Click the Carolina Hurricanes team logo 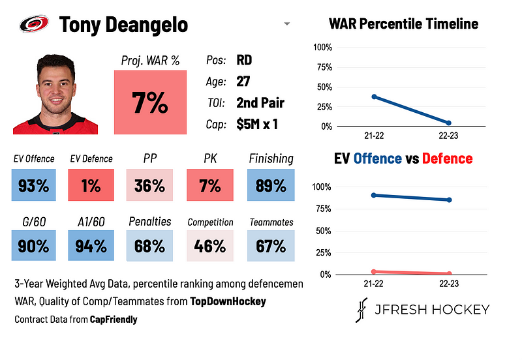(x=34, y=24)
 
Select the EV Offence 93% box (x=34, y=185)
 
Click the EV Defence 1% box (x=91, y=185)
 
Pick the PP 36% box (x=149, y=185)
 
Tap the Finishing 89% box (x=271, y=185)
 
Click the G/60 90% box (x=34, y=247)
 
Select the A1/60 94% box (x=91, y=247)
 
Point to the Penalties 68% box (x=149, y=247)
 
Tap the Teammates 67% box (x=271, y=247)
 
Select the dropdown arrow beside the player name (x=286, y=25)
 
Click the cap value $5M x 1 (x=257, y=124)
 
